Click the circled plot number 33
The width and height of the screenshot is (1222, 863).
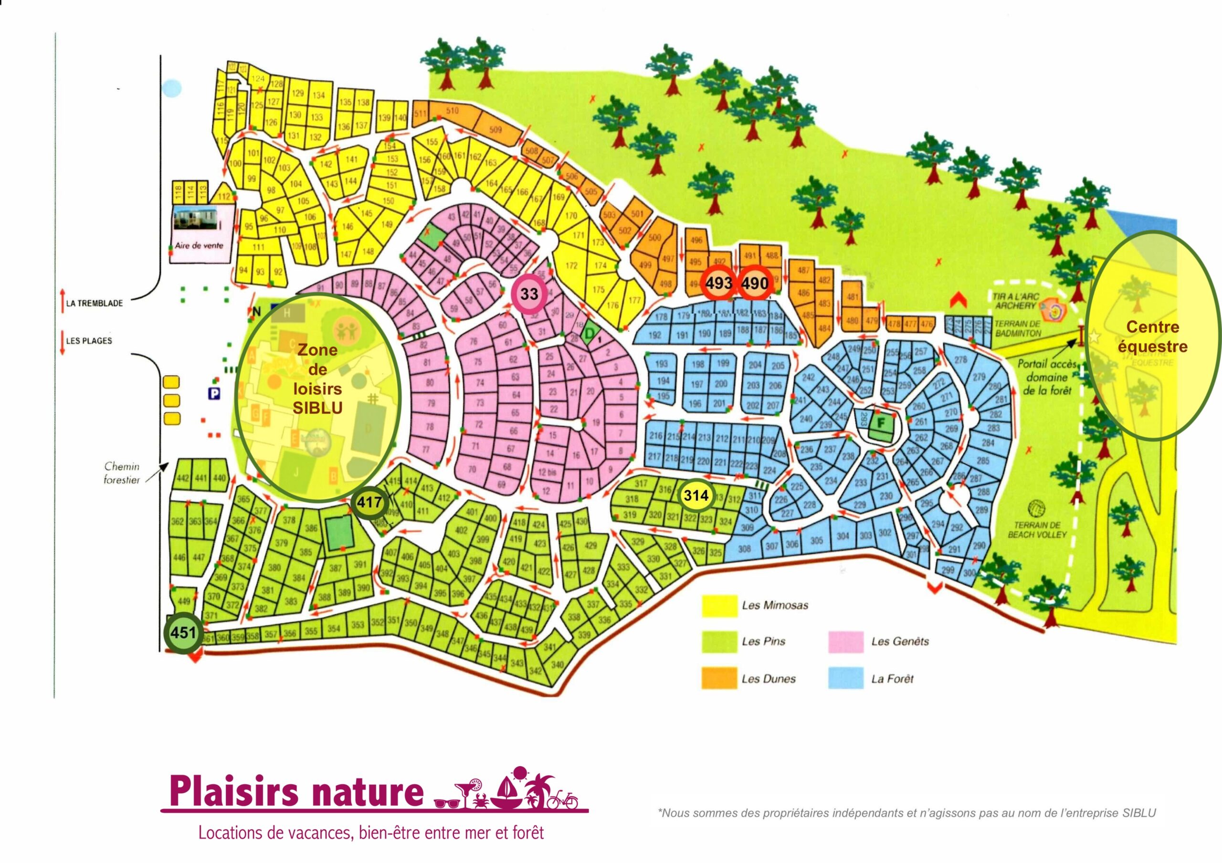point(528,294)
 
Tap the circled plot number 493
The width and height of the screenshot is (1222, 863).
point(718,283)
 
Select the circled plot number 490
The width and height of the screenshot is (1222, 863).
point(755,283)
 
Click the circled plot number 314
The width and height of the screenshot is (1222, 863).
point(695,495)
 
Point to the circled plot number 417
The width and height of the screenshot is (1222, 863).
point(369,502)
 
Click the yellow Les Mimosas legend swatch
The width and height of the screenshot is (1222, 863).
point(719,605)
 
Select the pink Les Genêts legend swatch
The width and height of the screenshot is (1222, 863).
point(846,642)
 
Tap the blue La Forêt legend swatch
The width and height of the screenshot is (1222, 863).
point(846,678)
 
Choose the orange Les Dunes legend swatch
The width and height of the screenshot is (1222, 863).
point(719,678)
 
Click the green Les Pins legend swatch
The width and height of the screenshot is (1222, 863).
point(719,642)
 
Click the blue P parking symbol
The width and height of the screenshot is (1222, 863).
point(214,394)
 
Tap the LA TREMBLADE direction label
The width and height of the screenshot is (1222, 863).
point(94,303)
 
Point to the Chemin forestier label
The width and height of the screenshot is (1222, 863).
point(122,473)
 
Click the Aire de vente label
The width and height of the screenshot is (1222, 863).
point(199,246)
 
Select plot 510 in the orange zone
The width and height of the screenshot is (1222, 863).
point(452,111)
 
